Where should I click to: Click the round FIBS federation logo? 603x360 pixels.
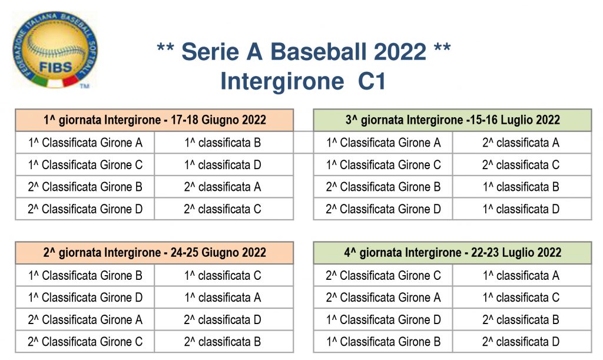coord(55,49)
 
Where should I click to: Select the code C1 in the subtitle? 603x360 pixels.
coord(372,81)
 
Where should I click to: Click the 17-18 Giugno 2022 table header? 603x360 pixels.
coord(155,120)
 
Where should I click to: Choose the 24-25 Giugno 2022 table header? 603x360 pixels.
coord(155,253)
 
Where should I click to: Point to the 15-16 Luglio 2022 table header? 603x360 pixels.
coord(453,120)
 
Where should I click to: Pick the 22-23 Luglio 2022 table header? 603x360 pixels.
coord(453,253)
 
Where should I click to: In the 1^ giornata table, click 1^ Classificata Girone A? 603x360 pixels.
coord(85,143)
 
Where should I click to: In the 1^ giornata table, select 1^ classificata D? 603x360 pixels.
coord(223,165)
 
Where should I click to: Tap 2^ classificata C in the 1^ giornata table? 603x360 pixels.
coord(223,209)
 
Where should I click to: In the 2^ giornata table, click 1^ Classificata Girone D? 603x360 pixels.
coord(85,298)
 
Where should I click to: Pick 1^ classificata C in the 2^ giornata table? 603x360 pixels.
coord(223,276)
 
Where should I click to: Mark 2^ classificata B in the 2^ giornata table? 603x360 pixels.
coord(223,342)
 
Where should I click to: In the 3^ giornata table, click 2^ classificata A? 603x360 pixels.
coord(521,143)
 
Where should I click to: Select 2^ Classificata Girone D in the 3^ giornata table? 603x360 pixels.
coord(383,209)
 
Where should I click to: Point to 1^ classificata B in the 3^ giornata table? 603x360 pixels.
coord(521,187)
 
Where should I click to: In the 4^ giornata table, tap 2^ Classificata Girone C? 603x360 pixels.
coord(383,276)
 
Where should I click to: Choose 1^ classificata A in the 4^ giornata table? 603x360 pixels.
coord(521,276)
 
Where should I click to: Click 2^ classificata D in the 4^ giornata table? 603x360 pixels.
coord(521,342)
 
